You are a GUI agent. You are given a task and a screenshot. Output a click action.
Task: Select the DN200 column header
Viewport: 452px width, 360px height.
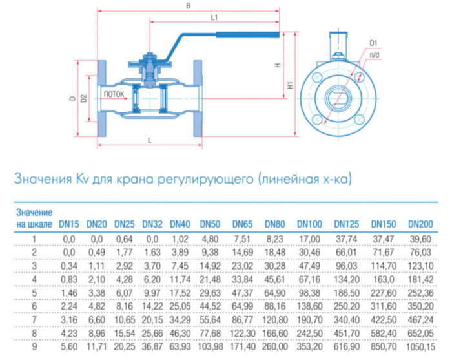(420, 224)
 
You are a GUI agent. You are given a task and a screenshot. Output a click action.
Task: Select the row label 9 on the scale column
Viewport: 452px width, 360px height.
(34, 347)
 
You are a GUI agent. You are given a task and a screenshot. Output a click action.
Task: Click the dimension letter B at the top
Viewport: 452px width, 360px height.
(188, 5)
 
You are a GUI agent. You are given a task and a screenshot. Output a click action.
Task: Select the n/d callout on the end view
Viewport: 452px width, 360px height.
(374, 57)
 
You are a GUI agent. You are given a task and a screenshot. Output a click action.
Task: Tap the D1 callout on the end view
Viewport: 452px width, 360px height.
(374, 43)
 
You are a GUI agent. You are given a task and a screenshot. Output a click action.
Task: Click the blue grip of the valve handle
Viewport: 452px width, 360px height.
(248, 35)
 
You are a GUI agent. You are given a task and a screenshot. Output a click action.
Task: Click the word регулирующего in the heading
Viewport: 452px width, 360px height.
(202, 179)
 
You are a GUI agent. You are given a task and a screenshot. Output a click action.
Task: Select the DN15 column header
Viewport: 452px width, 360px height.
(69, 224)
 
